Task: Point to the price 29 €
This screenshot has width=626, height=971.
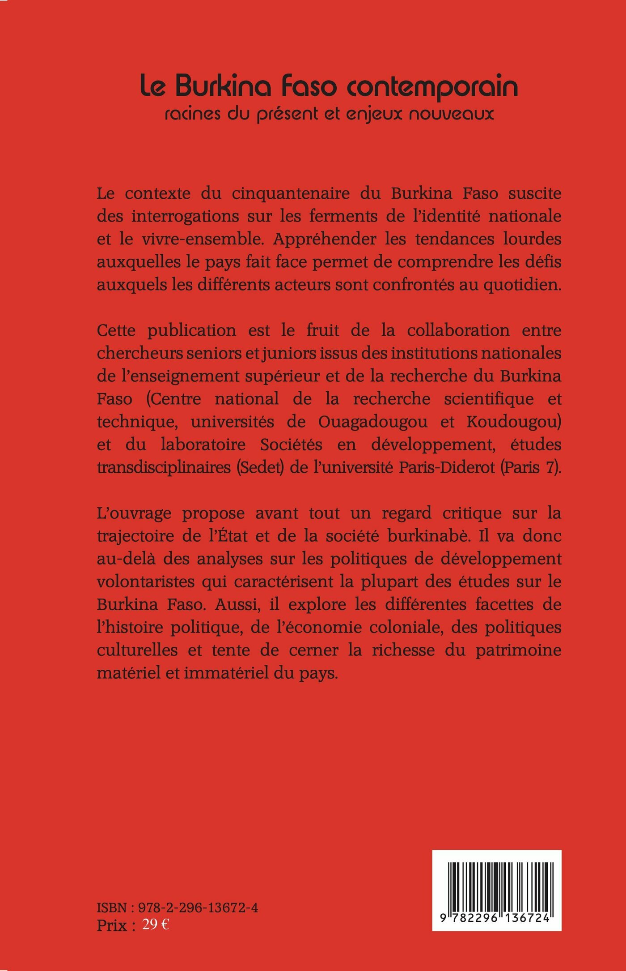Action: click(155, 925)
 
